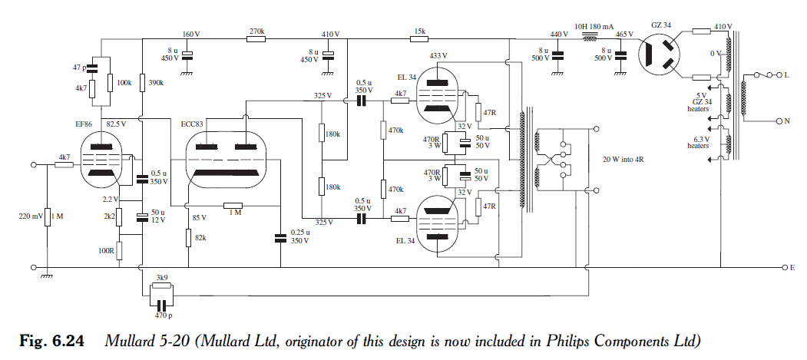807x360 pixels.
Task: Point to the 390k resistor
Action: pos(143,82)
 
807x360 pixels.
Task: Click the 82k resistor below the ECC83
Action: pos(189,237)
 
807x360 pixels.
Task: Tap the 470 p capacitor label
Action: pos(161,315)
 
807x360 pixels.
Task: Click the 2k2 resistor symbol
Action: pos(120,217)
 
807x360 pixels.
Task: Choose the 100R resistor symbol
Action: pos(120,251)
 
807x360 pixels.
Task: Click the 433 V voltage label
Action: pos(439,56)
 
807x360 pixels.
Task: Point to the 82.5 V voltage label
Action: pos(117,122)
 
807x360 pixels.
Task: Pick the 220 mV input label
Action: pos(30,217)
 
